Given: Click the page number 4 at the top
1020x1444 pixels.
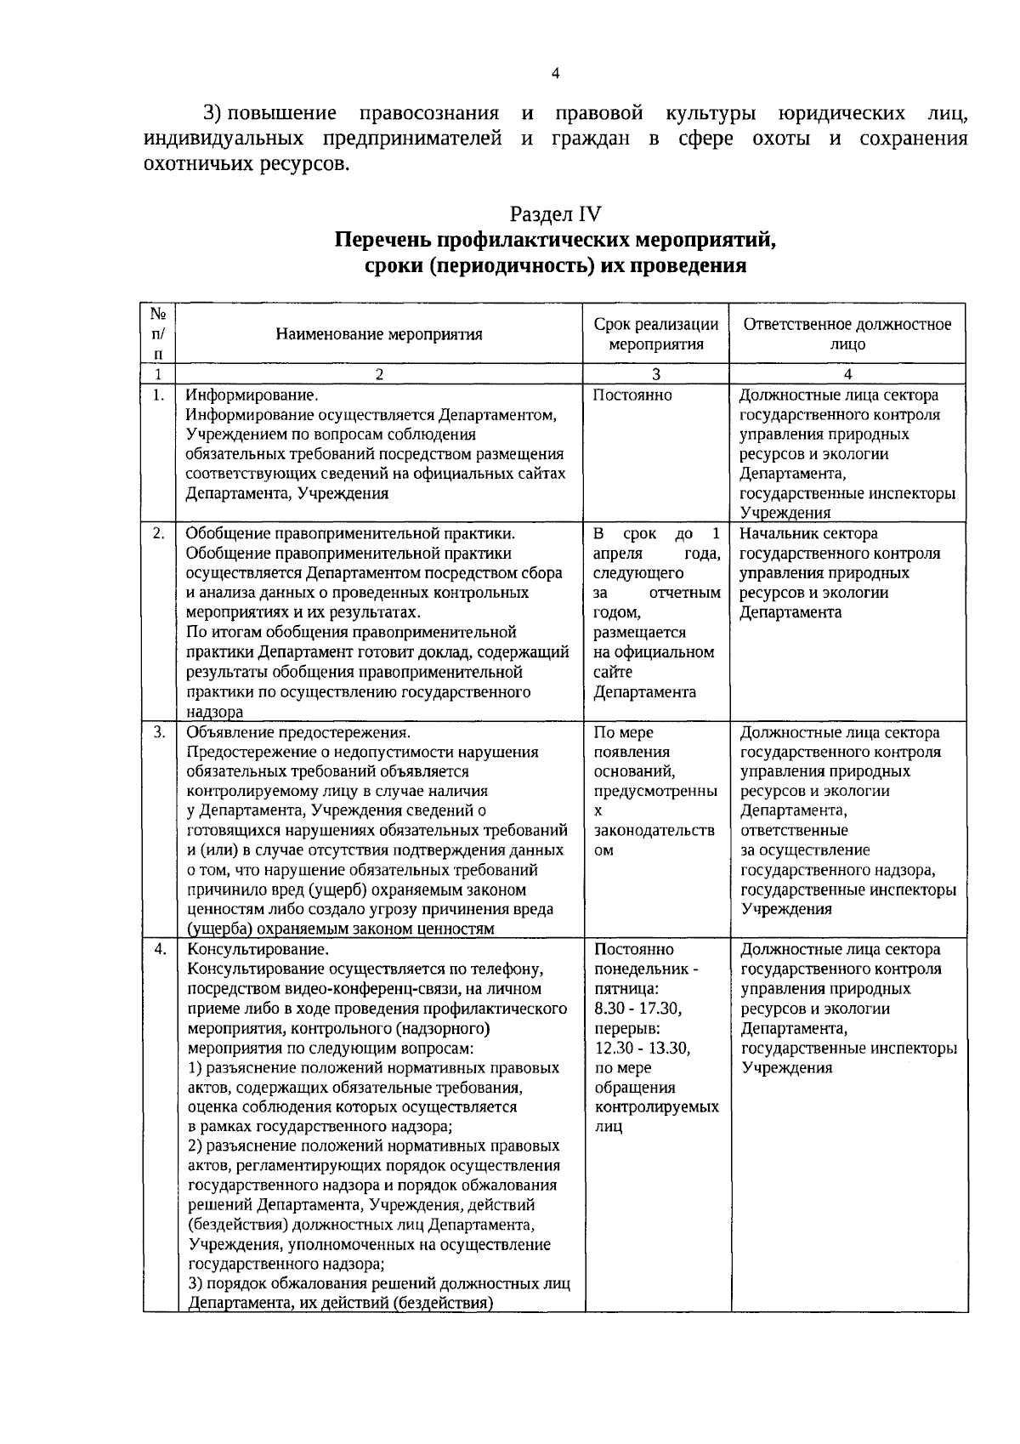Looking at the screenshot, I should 555,73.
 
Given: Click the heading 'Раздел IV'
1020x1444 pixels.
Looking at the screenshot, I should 555,213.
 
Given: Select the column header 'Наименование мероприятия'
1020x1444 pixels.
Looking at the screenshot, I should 379,334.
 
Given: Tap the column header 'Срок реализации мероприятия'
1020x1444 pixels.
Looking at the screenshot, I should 656,334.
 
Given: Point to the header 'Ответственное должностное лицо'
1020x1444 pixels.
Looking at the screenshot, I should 847,334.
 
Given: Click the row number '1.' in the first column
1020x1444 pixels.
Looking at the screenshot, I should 158,395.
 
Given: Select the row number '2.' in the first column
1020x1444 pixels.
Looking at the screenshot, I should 158,534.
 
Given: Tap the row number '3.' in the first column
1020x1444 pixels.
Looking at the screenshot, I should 158,732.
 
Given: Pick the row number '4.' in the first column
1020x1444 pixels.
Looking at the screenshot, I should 158,949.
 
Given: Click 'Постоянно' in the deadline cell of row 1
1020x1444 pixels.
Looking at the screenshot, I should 632,395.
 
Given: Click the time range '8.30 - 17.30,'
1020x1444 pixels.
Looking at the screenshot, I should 638,1009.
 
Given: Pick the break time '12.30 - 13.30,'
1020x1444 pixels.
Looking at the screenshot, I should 643,1048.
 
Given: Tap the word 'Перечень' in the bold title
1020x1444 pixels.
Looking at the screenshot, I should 380,240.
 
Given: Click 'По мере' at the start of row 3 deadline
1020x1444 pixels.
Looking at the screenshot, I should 623,732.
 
